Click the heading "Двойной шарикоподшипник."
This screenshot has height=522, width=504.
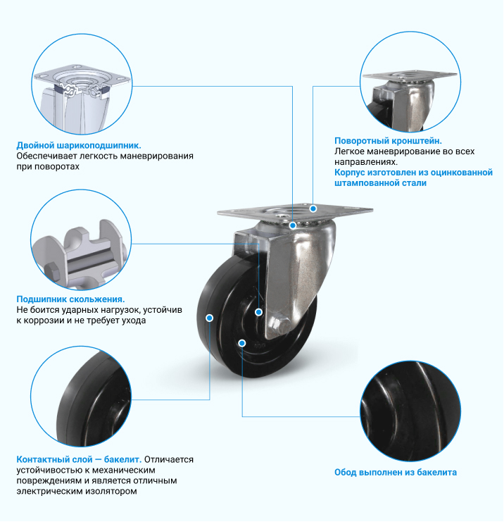(79, 146)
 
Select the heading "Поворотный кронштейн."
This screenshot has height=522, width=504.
(388, 141)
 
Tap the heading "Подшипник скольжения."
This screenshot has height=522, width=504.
(70, 299)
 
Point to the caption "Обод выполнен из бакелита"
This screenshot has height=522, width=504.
(396, 472)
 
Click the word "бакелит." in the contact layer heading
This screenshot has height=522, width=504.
(122, 459)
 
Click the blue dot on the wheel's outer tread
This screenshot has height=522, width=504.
(210, 318)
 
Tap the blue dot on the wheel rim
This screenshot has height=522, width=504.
(242, 343)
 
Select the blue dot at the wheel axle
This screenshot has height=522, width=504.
(258, 312)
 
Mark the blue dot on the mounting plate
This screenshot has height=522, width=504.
(313, 209)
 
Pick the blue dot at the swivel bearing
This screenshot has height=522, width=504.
(293, 225)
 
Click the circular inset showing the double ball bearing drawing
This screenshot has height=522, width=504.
(82, 84)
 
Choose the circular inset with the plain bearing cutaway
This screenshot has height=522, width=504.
(81, 240)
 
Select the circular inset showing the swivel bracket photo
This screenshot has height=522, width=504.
(410, 82)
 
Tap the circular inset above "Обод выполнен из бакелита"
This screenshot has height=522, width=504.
(410, 411)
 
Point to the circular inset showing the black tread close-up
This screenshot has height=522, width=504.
(81, 396)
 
